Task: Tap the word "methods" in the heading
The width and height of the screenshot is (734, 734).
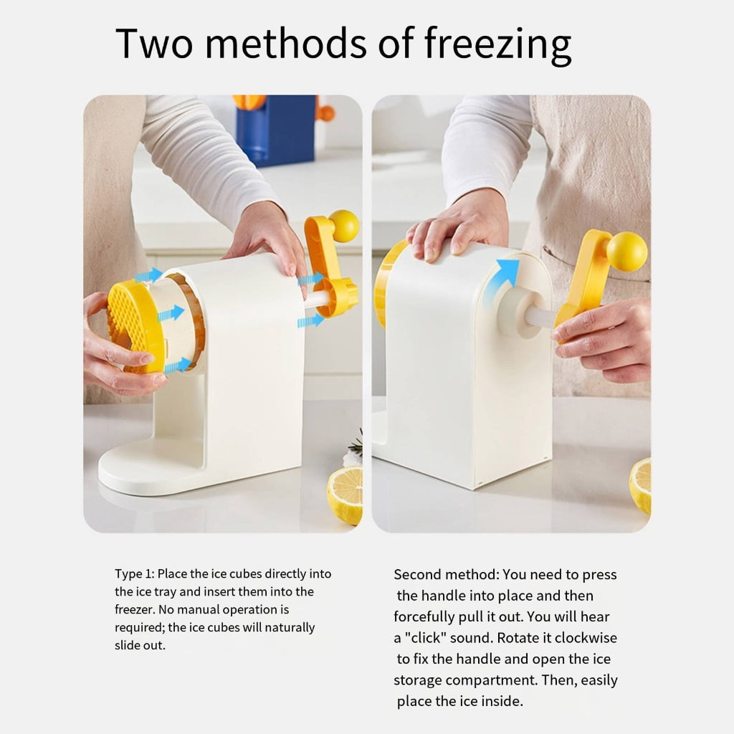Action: pos(287,43)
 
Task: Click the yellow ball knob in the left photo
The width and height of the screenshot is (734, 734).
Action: pos(343,226)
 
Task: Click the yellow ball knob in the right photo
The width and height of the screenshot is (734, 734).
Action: pos(626,252)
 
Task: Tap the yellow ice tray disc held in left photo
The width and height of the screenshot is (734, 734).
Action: pos(135,326)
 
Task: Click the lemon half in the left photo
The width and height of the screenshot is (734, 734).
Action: pos(345,495)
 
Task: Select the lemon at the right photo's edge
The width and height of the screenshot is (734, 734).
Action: pos(640,485)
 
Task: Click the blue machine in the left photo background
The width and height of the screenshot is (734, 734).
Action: pos(276,128)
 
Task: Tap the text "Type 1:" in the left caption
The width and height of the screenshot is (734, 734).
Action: pos(134,574)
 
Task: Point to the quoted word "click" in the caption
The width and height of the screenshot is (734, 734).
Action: pos(424,637)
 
